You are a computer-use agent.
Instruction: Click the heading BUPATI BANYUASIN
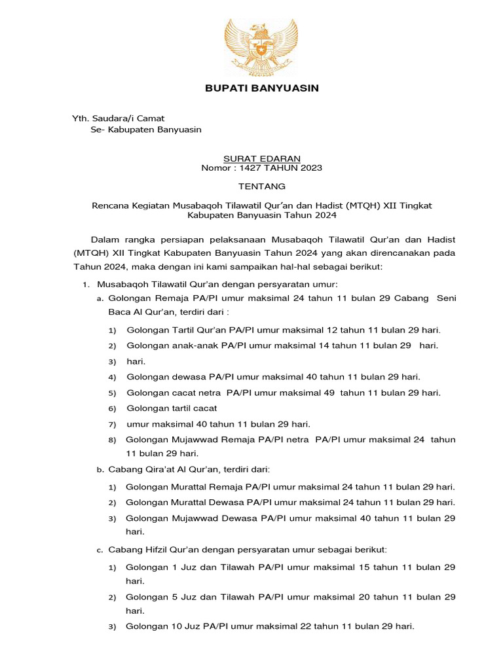tap(261, 88)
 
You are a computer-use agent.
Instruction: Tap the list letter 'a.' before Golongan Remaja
tap(100, 298)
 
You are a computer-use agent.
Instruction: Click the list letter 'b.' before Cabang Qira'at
tap(100, 470)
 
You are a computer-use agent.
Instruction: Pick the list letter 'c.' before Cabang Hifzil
tap(100, 550)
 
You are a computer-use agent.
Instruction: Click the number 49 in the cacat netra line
tap(328, 393)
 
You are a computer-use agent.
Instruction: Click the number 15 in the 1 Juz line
tap(366, 566)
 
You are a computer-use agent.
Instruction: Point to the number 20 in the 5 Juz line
tap(366, 597)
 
